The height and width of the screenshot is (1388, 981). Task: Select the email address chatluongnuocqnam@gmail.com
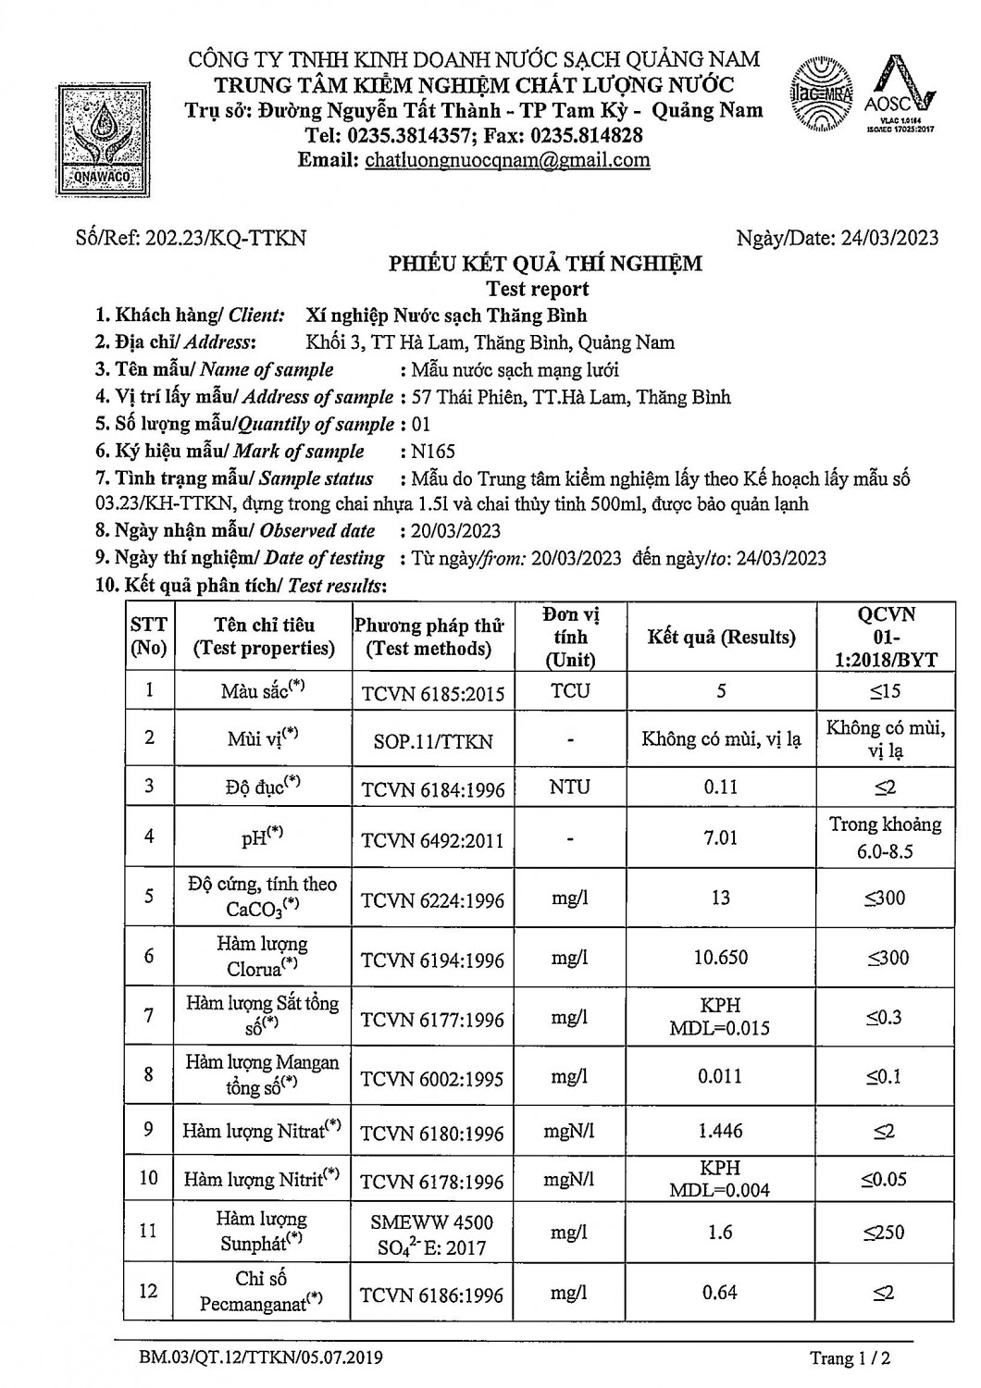coord(507,160)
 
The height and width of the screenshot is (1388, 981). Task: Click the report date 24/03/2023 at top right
coord(889,238)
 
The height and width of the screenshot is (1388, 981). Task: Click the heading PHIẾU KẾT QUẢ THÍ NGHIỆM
coord(545,264)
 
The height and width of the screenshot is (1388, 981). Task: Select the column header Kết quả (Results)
coord(721,638)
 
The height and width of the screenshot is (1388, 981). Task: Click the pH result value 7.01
coord(721,837)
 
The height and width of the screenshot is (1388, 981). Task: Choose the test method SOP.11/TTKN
coord(432,741)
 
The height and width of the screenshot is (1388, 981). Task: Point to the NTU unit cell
coord(569,787)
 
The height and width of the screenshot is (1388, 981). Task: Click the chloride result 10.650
coord(721,958)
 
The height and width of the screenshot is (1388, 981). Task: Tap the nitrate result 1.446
coord(721,1131)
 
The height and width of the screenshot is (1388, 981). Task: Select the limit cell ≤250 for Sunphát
coord(885,1233)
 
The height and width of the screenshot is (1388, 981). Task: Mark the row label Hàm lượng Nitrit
coord(261,1180)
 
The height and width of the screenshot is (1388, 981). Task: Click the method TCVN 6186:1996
coord(432,1295)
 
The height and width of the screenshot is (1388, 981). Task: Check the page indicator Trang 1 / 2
coord(850,1358)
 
